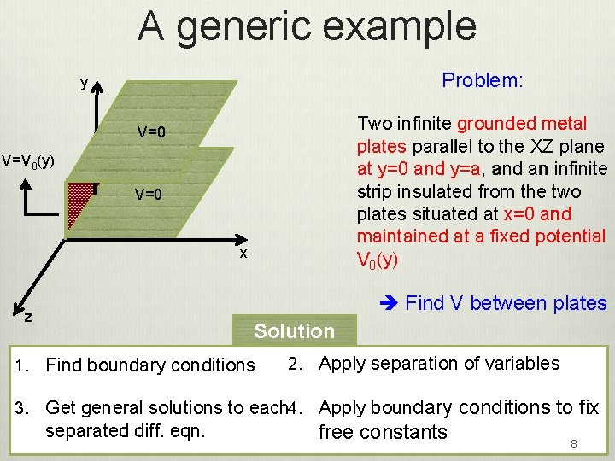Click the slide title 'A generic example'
[307, 26]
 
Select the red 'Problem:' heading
[482, 80]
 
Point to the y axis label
[83, 83]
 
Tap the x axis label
[243, 254]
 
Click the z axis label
[28, 317]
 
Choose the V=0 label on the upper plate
[151, 132]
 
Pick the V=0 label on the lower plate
[148, 195]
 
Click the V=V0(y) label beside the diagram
[28, 160]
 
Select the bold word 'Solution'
[294, 331]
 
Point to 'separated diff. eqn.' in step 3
[125, 430]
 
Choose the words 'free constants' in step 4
[382, 432]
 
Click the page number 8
[574, 445]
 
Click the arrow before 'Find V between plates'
[387, 303]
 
